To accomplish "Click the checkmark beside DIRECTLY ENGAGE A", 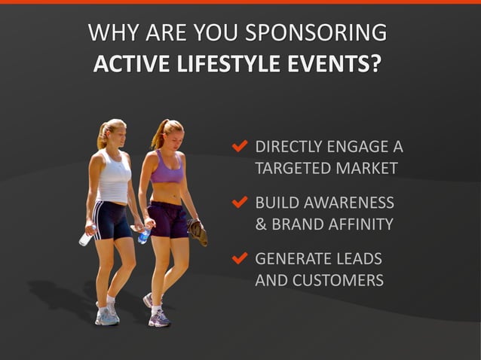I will point(240,145).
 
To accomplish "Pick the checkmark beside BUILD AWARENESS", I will point(240,202).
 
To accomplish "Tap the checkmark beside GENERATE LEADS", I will point(240,258).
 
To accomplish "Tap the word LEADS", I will point(358,259).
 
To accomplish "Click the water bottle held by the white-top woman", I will point(86,238).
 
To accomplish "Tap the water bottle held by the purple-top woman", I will point(143,236).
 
